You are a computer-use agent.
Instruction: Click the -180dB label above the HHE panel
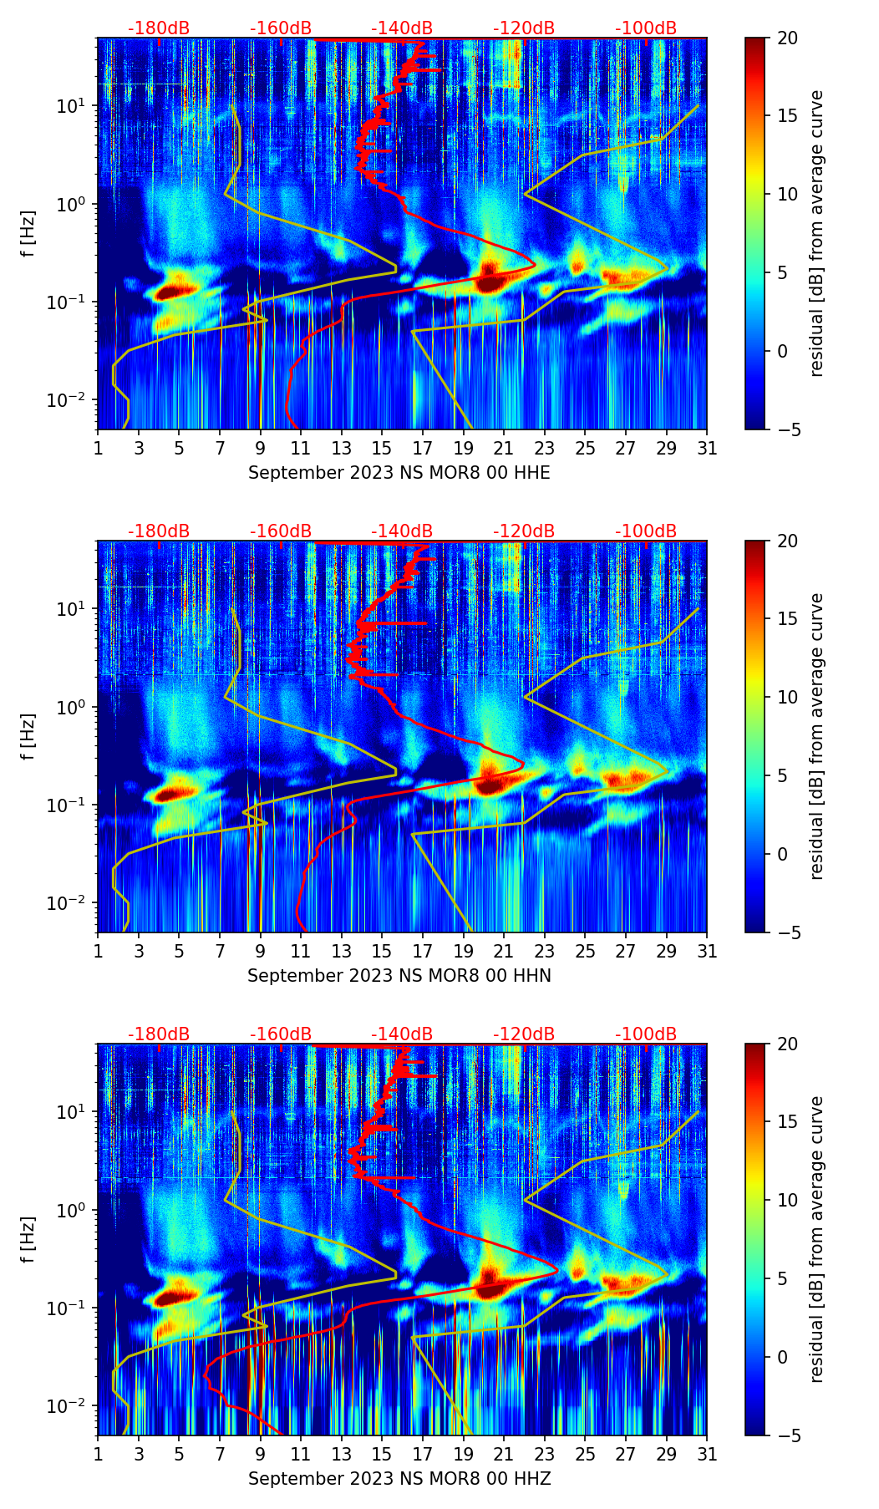pyautogui.click(x=159, y=28)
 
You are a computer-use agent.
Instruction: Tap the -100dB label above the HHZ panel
pyautogui.click(x=646, y=1034)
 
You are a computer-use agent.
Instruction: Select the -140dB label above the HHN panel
pyautogui.click(x=402, y=531)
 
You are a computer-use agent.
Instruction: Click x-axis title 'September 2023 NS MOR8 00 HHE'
pyautogui.click(x=399, y=473)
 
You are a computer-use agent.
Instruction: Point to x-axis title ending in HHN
pyautogui.click(x=399, y=976)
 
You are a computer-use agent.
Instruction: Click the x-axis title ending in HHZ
pyautogui.click(x=399, y=1479)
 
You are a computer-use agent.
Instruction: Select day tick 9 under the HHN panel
pyautogui.click(x=260, y=952)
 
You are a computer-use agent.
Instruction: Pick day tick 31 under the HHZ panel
pyautogui.click(x=706, y=1455)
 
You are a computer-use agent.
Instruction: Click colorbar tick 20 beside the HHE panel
pyautogui.click(x=787, y=38)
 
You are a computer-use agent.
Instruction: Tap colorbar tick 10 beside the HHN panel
pyautogui.click(x=787, y=697)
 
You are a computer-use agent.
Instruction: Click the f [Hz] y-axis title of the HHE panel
pyautogui.click(x=29, y=234)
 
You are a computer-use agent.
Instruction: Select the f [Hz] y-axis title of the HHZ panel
pyautogui.click(x=29, y=1240)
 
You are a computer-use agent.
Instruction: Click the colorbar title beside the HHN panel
pyautogui.click(x=816, y=736)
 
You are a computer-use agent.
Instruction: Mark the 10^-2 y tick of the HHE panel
pyautogui.click(x=73, y=401)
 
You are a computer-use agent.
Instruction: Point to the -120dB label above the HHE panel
pyautogui.click(x=524, y=28)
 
